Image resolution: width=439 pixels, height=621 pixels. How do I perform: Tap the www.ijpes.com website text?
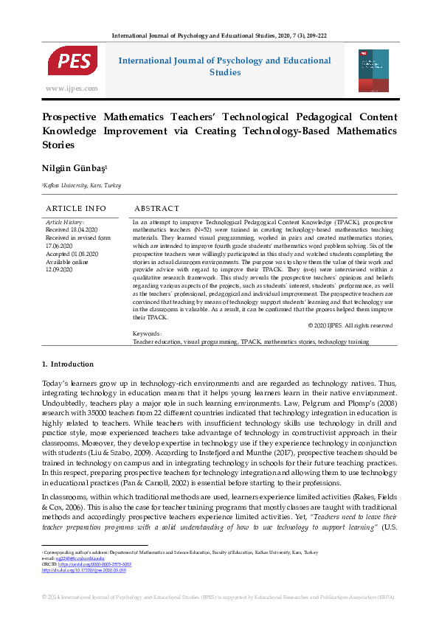[72, 89]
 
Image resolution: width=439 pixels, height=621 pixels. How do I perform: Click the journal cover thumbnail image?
[373, 71]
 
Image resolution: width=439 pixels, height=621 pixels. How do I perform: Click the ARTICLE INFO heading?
[76, 209]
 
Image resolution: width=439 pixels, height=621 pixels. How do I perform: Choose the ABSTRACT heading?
[156, 209]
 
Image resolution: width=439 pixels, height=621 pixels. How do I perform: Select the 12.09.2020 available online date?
[59, 270]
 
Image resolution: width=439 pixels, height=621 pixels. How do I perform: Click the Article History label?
[65, 221]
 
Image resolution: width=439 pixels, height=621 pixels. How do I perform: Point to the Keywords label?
[147, 334]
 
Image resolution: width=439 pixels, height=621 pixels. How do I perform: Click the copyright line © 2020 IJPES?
[350, 325]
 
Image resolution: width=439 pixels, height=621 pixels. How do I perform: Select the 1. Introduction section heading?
[67, 364]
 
